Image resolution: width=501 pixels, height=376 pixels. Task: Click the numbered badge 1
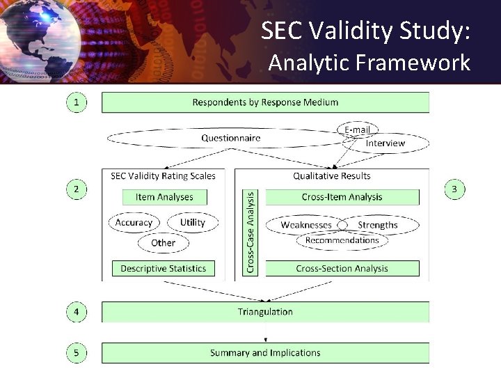point(77,102)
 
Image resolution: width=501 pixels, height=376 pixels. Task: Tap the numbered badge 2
point(77,189)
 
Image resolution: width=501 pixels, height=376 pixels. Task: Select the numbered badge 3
point(454,189)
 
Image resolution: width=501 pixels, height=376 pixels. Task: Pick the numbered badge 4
point(77,312)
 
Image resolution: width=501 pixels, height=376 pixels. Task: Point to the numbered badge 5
point(77,353)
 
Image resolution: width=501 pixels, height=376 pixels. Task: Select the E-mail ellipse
point(358,130)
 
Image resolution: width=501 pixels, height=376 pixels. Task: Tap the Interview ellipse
point(385,143)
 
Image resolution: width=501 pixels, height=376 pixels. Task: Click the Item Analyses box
point(164,197)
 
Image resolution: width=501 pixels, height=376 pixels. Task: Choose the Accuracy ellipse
point(134,223)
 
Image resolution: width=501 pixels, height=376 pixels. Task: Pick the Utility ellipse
point(192,223)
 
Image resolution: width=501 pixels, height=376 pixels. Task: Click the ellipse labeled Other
point(163,243)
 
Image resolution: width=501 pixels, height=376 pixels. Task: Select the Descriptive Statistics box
point(164,268)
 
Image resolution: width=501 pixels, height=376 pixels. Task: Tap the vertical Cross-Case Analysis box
point(250,232)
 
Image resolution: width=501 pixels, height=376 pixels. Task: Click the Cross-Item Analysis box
point(342,197)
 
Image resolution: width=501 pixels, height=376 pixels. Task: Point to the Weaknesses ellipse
point(306,225)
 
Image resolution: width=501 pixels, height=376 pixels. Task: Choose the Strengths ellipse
point(378,225)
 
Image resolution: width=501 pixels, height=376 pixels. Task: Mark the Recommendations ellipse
point(342,240)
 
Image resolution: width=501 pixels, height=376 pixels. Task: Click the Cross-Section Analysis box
point(342,268)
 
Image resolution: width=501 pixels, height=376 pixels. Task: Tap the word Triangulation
point(265,312)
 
